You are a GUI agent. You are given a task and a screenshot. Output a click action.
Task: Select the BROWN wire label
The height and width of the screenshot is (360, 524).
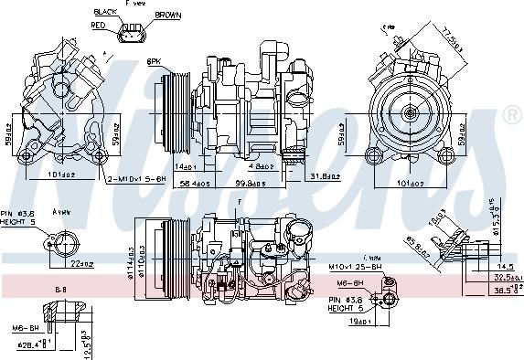tap(167, 16)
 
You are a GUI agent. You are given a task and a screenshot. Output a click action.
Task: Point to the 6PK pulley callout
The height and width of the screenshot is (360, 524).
tap(155, 61)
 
